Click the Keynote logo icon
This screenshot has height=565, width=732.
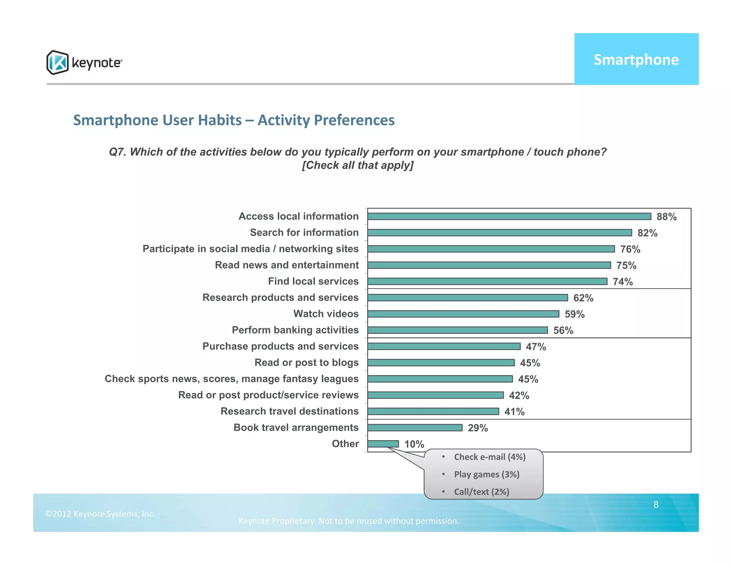[57, 62]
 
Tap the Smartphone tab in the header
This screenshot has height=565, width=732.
[636, 59]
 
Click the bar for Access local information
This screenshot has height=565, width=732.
[509, 216]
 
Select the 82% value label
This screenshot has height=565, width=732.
[647, 233]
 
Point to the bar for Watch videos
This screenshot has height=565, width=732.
[463, 314]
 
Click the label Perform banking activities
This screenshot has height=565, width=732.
[295, 330]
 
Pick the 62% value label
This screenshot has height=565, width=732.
[583, 298]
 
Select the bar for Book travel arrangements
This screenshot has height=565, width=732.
[415, 427]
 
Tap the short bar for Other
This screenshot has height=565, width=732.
[383, 444]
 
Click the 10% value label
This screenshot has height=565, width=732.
[414, 444]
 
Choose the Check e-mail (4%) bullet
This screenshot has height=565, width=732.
[490, 457]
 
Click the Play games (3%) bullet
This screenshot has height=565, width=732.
[486, 475]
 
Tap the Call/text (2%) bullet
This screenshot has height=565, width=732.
[481, 492]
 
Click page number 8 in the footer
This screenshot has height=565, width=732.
[656, 505]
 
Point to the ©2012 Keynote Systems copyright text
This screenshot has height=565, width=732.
[100, 514]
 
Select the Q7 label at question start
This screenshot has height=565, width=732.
[117, 152]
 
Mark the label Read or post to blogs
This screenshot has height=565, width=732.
[306, 362]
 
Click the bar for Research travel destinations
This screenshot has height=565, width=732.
[433, 411]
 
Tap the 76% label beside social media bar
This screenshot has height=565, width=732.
[630, 249]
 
